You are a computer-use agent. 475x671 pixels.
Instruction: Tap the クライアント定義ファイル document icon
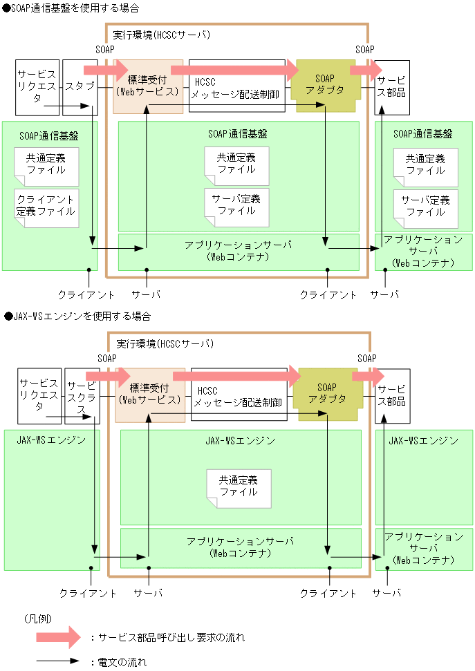click(46, 206)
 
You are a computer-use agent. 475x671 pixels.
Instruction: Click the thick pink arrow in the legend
click(62, 637)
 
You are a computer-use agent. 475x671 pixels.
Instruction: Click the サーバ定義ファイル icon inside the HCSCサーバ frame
click(236, 206)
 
